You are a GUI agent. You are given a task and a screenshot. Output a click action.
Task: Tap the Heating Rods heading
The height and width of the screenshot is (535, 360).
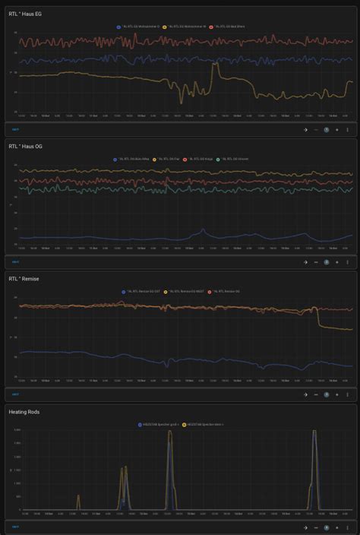24,412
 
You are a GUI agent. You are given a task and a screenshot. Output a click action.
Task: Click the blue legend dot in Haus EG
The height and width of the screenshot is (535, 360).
118,26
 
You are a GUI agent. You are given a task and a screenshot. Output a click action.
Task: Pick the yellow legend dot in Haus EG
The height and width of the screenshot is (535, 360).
166,26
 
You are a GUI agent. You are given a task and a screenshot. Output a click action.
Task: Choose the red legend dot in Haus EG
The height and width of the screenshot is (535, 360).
212,26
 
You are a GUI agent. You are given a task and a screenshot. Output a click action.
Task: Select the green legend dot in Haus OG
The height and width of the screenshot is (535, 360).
218,159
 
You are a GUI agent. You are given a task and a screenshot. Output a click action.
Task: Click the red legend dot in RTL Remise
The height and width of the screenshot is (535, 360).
210,291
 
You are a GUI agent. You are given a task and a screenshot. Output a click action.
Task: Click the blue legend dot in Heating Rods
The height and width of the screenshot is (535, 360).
139,424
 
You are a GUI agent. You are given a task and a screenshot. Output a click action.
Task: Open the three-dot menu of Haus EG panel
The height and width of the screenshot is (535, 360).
347,129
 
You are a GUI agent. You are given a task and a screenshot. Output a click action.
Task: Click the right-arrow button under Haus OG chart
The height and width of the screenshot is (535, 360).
305,262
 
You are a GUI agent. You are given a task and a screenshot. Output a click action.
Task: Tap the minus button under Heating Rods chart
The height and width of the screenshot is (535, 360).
316,527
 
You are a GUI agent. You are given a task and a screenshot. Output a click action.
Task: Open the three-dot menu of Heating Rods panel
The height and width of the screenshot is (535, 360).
347,527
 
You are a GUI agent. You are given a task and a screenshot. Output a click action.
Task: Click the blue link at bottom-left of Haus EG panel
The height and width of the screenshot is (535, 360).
15,129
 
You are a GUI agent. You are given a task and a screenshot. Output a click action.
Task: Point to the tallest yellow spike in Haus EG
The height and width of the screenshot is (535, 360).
215,67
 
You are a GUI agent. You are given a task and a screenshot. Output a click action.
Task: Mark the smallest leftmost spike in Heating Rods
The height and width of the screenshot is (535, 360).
78,498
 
